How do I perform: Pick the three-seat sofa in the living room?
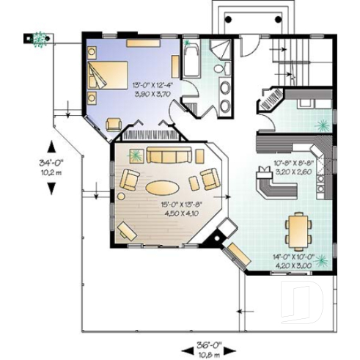point(169,155)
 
